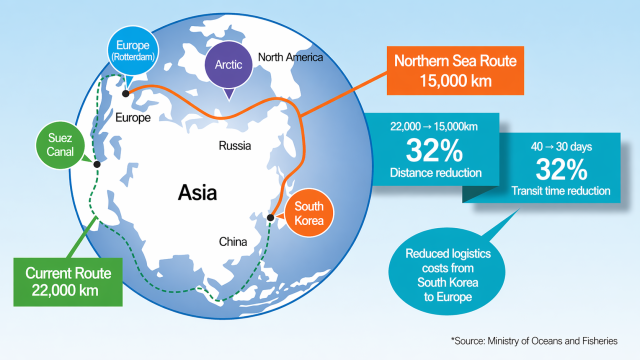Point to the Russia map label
(x=235, y=146)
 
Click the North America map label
(x=292, y=57)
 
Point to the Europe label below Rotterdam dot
(x=133, y=117)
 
